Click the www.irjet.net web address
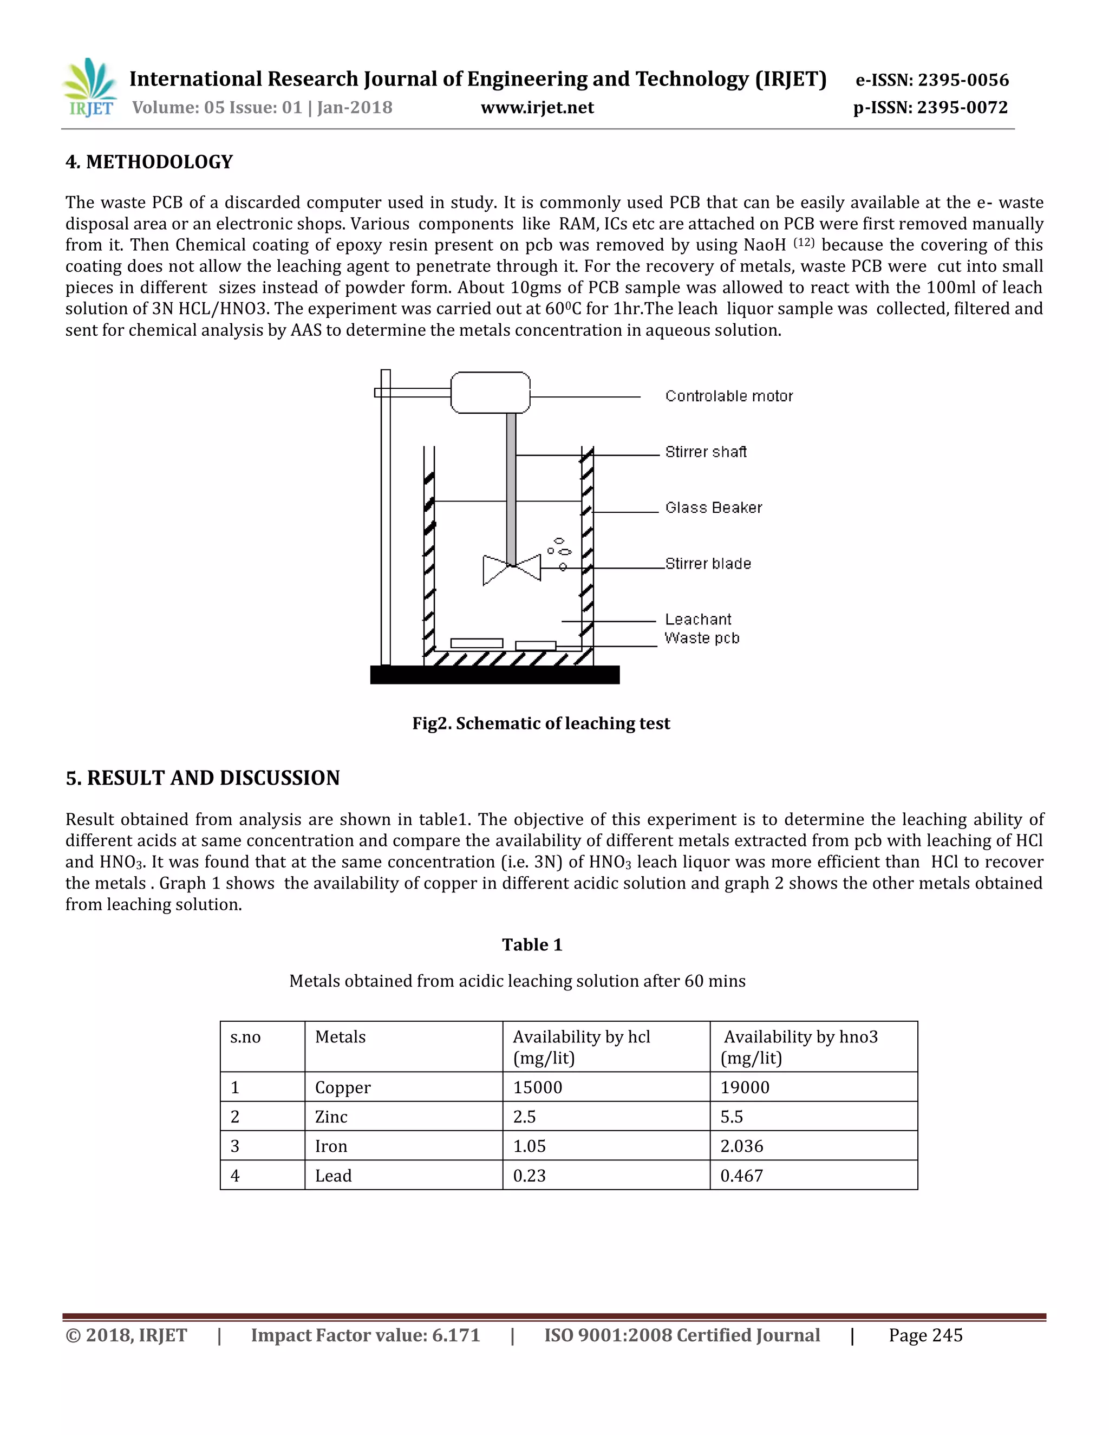[x=537, y=108]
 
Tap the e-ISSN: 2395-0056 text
[x=931, y=80]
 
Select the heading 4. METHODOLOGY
[x=149, y=162]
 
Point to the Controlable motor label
[x=729, y=396]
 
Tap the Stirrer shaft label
[x=706, y=452]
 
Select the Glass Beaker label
[x=714, y=508]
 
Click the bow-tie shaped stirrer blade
[x=511, y=569]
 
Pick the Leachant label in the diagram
[x=697, y=619]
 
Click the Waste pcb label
[x=702, y=638]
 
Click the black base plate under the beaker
[x=494, y=675]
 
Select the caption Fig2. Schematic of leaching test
[x=541, y=723]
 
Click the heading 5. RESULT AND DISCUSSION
[x=203, y=778]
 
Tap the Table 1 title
[x=532, y=945]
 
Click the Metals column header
[x=340, y=1037]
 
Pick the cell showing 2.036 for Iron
[x=742, y=1146]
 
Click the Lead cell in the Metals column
[x=333, y=1176]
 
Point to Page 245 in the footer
[x=925, y=1335]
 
